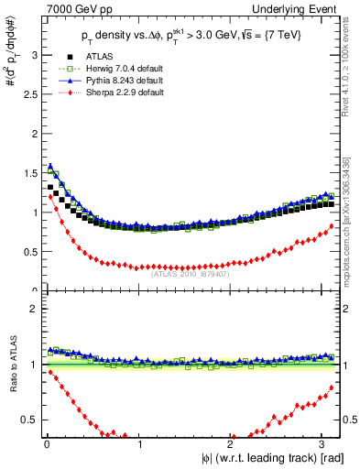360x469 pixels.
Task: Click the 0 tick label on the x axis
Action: pos(47,444)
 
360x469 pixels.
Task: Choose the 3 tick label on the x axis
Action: pos(322,444)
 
